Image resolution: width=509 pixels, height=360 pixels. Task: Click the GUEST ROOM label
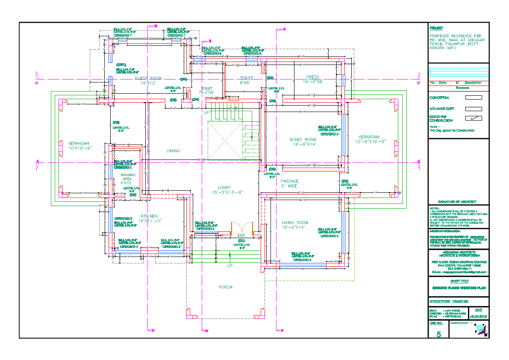tap(148, 78)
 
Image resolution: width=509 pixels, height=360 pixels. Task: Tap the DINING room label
tap(174, 151)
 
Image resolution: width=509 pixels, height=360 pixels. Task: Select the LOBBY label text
tap(224, 188)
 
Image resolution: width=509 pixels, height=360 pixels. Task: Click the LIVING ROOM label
tap(295, 222)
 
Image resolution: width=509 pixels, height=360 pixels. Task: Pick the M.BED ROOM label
tap(303, 140)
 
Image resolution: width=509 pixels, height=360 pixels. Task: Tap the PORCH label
tap(225, 287)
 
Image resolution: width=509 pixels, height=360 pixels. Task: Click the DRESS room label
tap(313, 77)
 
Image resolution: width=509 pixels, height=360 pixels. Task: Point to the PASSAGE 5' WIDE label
tap(289, 181)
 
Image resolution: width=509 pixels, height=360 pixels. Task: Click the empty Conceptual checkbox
tap(473, 97)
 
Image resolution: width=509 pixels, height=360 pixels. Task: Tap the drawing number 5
tap(438, 334)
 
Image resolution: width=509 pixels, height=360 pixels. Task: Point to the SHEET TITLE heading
tap(459, 281)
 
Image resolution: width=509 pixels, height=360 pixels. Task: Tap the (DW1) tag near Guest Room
tap(121, 65)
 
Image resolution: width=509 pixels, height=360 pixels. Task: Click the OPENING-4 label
tap(302, 260)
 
